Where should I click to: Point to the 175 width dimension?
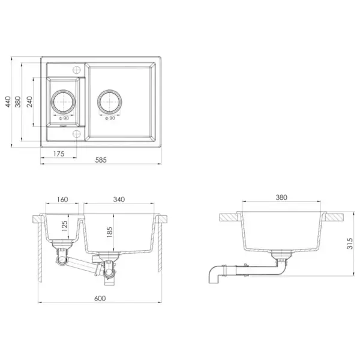[58, 154]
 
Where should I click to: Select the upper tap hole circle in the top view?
[77, 67]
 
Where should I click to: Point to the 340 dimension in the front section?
[119, 200]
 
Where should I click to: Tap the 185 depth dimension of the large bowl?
[109, 233]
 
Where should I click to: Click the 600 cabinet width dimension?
[100, 298]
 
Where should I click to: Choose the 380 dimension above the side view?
[281, 197]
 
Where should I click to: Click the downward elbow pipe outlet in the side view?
[215, 277]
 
